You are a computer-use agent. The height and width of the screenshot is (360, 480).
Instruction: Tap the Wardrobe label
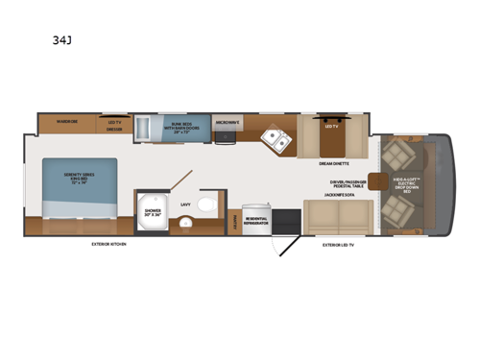pos(66,122)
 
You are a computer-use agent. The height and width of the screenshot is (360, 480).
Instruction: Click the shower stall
pos(151,213)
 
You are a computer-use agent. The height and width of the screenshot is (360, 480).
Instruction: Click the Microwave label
pos(227,122)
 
